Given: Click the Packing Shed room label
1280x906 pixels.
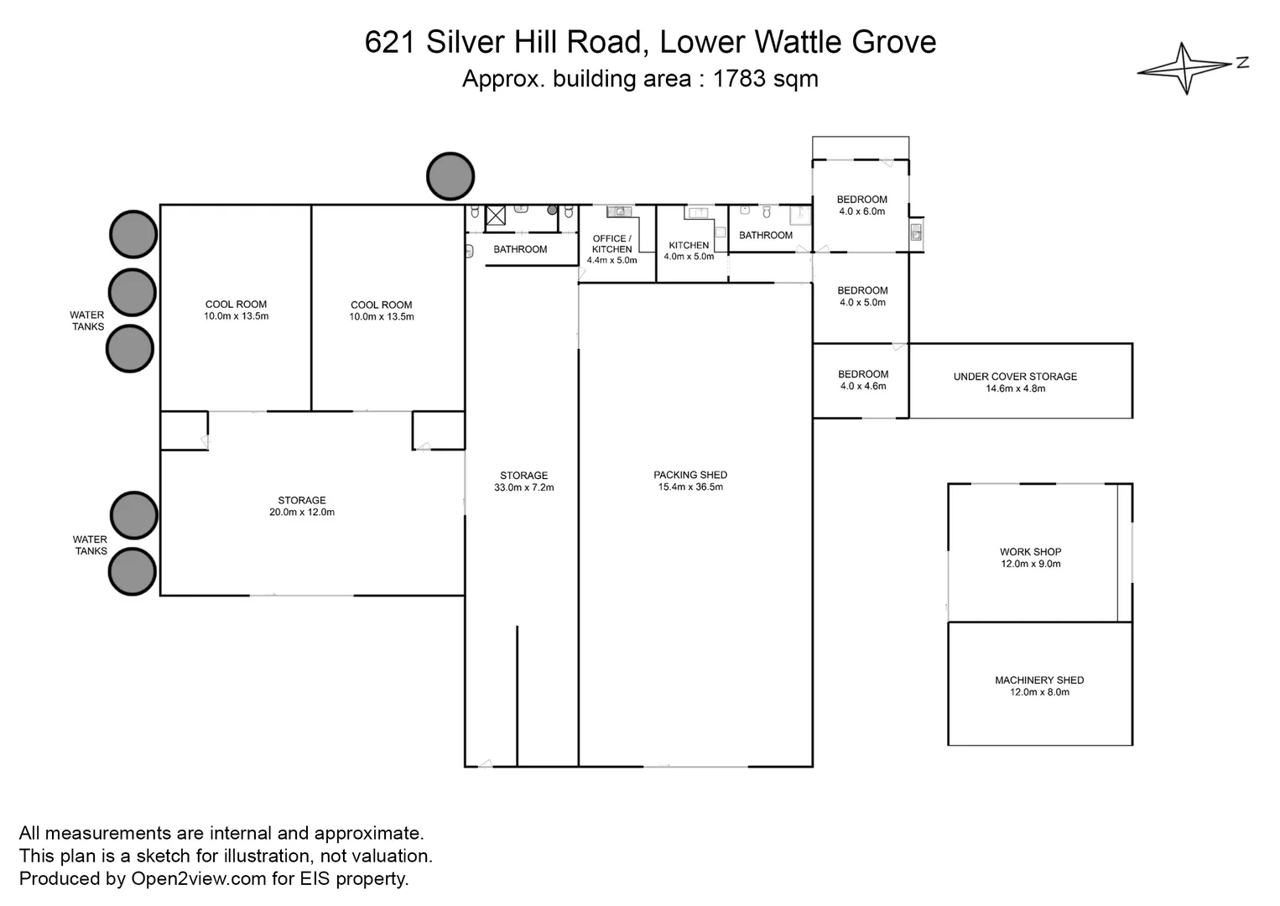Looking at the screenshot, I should tap(690, 475).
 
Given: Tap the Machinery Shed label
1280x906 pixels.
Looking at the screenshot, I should tap(1039, 680).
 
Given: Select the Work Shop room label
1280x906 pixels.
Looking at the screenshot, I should tap(1030, 552).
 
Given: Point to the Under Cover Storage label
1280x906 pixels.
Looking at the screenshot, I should tap(1015, 377).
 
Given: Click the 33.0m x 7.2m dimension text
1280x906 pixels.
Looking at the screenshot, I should tap(523, 487).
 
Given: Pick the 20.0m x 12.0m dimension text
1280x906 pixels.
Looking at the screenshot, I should tap(302, 513).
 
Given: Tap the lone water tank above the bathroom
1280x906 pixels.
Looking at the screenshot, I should tap(450, 176).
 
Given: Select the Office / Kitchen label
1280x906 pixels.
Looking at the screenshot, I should tap(611, 244).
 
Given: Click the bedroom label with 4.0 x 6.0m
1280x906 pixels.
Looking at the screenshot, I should tap(861, 200).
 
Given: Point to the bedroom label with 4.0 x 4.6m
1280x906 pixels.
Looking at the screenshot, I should tap(862, 374).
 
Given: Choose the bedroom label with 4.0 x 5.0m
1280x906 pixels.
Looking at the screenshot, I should tap(862, 290).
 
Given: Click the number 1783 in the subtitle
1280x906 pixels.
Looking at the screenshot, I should tap(739, 79).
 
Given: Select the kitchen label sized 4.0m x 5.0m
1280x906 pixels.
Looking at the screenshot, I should tap(689, 246).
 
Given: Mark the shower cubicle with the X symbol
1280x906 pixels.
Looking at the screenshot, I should tap(496, 216).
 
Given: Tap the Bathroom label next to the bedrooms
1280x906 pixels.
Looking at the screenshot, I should tap(765, 236).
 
